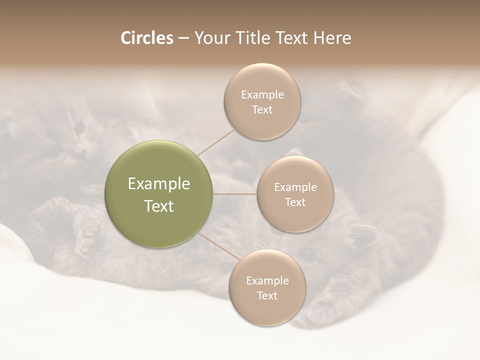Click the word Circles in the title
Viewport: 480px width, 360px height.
point(146,38)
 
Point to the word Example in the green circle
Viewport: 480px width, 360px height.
point(159,184)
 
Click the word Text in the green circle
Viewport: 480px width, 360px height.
point(159,206)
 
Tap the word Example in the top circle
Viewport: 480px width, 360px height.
point(262,95)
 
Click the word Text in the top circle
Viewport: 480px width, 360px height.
point(262,110)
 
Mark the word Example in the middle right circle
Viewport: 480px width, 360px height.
point(295,187)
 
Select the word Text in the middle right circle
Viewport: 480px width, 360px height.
point(295,202)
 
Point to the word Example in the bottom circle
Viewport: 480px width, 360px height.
point(267,281)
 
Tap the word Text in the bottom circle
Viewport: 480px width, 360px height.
point(267,296)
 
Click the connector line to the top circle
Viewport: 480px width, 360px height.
point(216,142)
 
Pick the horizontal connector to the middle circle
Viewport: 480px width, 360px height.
point(235,193)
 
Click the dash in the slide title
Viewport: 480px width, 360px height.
point(183,38)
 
